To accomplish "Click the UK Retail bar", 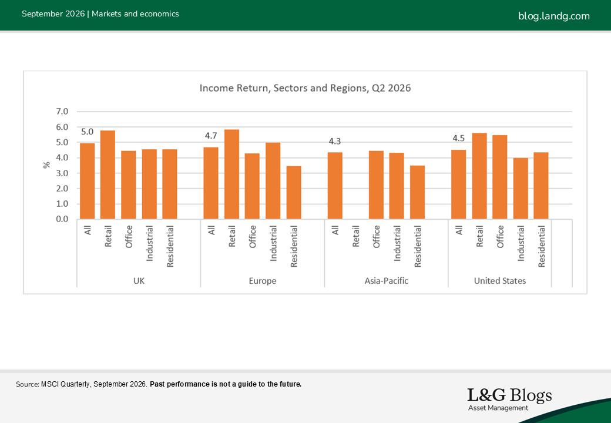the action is (x=108, y=174).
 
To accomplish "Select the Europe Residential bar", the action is (x=294, y=193).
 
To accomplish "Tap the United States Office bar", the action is (x=500, y=177).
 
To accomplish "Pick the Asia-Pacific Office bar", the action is (x=376, y=184).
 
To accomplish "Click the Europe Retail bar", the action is (x=231, y=174).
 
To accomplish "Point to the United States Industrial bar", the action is (x=521, y=188).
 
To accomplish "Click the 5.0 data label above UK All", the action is (x=88, y=132).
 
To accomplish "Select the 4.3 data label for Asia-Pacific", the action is (x=335, y=142).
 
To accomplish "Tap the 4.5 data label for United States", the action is (x=459, y=138).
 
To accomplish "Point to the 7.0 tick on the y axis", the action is (x=62, y=112).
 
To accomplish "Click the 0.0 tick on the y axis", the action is (x=62, y=219).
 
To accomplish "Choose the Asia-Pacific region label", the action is (x=386, y=281).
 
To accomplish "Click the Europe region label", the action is (x=263, y=281).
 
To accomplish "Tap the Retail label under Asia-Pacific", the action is (x=356, y=236).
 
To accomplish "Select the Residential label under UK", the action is (x=170, y=247).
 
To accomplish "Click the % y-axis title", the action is (x=47, y=165).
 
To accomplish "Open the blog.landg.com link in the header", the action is (x=553, y=16).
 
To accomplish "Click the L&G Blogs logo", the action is (x=509, y=399).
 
